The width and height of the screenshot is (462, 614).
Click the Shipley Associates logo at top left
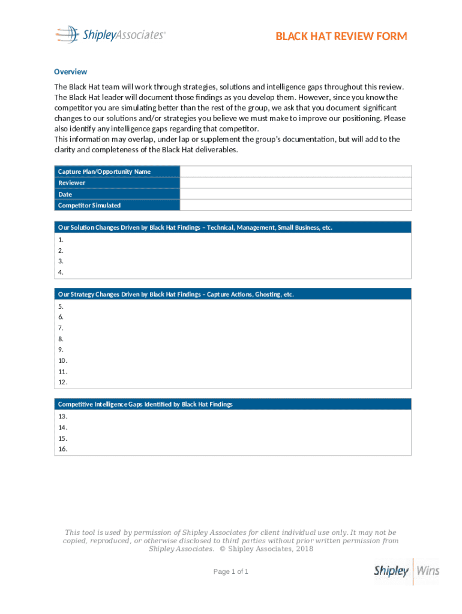110,35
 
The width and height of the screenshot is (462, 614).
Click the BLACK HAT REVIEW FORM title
341,37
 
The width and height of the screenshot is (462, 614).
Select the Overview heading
70,71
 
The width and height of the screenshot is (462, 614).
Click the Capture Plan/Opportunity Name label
104,171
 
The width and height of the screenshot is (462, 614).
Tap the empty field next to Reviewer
295,183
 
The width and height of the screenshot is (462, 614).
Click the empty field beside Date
295,194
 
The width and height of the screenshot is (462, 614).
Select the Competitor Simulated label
89,205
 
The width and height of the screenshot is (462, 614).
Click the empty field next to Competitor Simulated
295,205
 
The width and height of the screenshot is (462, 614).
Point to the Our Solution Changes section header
195,227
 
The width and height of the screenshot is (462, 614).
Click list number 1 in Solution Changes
61,239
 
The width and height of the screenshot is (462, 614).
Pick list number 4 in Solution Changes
61,272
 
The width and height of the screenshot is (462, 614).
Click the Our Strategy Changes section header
176,294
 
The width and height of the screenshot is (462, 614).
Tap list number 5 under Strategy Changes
61,306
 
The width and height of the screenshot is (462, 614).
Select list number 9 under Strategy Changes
61,350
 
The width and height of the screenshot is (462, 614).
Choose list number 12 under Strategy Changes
62,382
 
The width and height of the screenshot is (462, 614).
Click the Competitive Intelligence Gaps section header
145,404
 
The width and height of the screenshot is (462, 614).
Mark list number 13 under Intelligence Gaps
62,416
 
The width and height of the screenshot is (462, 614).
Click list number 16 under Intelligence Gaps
62,449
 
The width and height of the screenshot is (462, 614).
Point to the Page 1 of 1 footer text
231,571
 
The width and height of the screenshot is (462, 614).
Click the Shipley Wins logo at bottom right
406,571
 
